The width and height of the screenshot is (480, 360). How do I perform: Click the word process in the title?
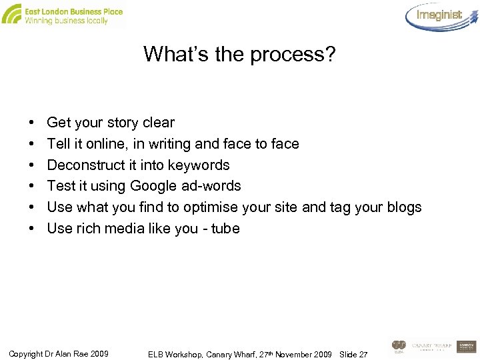(292, 55)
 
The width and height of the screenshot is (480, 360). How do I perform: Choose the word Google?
(153, 186)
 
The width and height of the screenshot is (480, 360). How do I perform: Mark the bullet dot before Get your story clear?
(33, 123)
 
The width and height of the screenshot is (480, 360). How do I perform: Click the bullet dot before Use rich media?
(33, 229)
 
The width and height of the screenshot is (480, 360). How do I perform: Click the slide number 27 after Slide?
(363, 353)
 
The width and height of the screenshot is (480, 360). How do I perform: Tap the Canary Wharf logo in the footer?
(431, 346)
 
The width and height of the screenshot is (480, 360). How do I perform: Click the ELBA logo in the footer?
(399, 346)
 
